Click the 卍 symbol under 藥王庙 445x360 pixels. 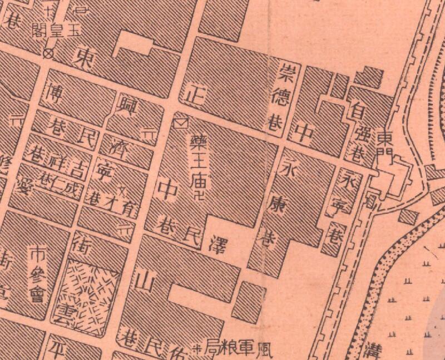(x=200, y=195)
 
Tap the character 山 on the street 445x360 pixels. (x=143, y=279)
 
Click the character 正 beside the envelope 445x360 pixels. (x=193, y=93)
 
